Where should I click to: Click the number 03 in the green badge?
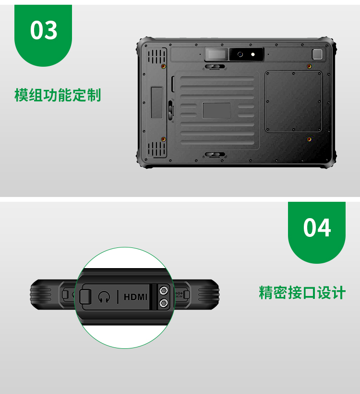click(x=44, y=30)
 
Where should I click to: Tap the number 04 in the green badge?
click(x=317, y=228)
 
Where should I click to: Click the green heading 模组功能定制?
click(x=58, y=95)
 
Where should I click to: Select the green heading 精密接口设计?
click(x=302, y=293)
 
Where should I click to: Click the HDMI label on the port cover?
click(x=135, y=297)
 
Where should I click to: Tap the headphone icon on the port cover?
click(x=104, y=297)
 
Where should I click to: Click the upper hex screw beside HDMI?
click(x=164, y=291)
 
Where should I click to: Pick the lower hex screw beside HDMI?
click(x=164, y=303)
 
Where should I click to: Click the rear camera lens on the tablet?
click(x=240, y=54)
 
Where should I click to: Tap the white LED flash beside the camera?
click(x=253, y=54)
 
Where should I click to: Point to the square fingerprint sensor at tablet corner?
click(x=317, y=54)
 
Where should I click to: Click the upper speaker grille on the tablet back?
click(x=157, y=56)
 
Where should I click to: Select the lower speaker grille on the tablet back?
click(x=157, y=149)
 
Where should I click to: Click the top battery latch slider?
click(x=215, y=67)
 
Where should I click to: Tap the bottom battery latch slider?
click(x=215, y=154)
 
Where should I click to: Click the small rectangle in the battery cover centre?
click(x=216, y=111)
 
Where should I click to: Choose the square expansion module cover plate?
click(x=293, y=101)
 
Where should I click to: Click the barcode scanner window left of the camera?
click(x=216, y=54)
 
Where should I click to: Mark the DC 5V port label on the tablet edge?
click(x=179, y=295)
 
